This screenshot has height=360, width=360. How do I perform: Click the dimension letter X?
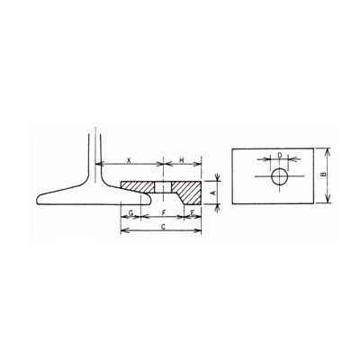point(129,160)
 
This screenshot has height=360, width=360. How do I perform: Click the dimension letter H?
point(182,160)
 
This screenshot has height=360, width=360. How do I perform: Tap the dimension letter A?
point(213,193)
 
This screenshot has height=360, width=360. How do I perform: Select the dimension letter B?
point(323,175)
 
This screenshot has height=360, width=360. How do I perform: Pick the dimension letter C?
point(163,227)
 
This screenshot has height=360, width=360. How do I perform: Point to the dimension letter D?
point(280,155)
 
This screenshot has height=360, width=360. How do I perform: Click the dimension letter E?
point(193,212)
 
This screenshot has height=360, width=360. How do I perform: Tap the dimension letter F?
point(164,212)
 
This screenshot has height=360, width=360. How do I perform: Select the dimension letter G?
point(130,212)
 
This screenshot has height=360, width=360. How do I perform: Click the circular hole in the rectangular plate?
point(280,176)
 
